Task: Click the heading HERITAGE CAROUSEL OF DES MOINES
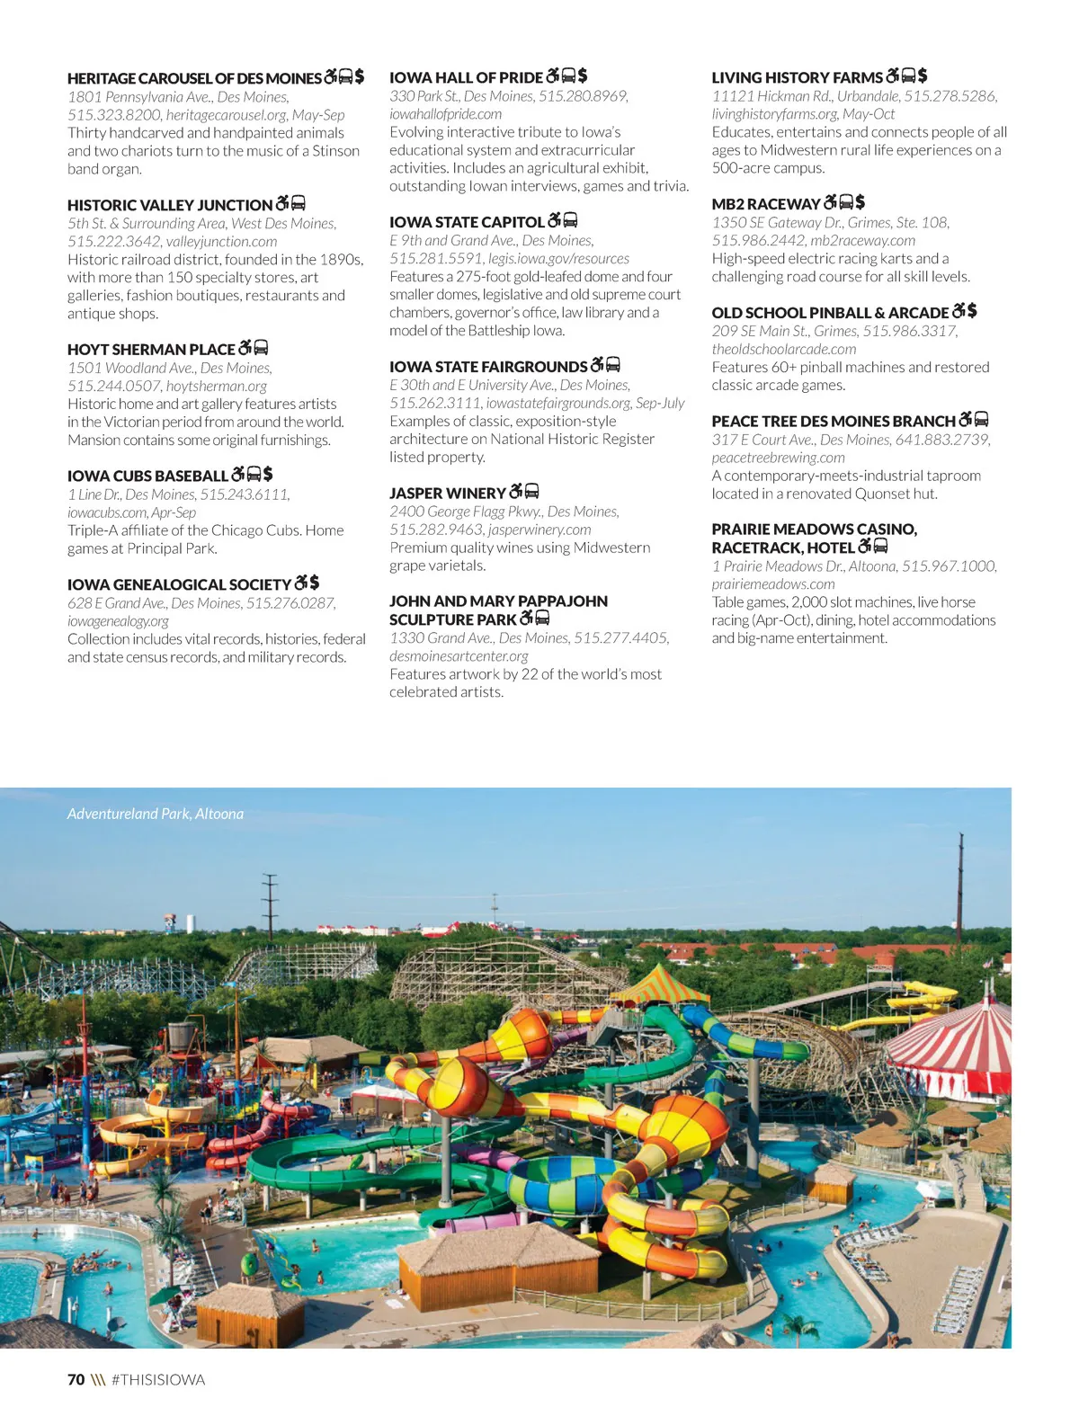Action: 194,78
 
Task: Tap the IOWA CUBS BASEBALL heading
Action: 147,476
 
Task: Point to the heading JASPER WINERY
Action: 447,493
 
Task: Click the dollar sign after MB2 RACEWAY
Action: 861,202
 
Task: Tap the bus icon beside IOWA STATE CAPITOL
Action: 570,220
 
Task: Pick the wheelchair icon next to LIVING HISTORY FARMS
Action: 892,76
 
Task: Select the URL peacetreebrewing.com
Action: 778,458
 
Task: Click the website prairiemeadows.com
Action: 772,584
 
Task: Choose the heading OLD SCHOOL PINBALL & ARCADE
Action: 830,313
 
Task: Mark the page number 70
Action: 76,1379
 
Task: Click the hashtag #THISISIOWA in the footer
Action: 158,1379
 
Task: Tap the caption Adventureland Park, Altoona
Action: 156,814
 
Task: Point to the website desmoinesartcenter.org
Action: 459,656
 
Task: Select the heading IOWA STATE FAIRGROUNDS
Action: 488,367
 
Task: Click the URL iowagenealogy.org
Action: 118,621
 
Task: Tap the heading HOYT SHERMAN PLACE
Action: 151,349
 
